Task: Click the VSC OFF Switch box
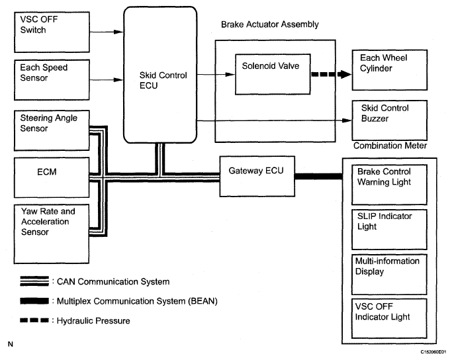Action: point(52,30)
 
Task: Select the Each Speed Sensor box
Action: point(52,77)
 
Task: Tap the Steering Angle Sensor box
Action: point(52,128)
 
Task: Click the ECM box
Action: point(52,175)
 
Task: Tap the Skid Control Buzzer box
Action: point(390,118)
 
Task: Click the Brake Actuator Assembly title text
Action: point(269,24)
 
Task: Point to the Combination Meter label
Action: point(389,146)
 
